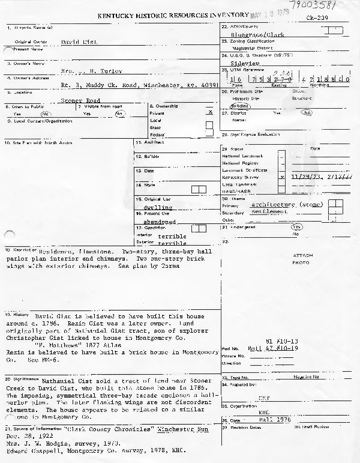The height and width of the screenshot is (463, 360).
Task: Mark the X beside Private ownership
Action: [209, 112]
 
